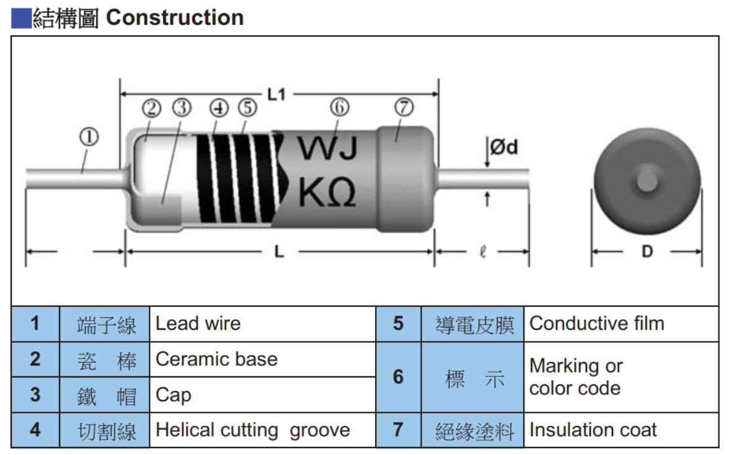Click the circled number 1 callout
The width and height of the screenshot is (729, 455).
tap(89, 137)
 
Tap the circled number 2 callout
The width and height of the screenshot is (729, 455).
tap(151, 108)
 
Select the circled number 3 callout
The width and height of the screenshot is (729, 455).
tap(182, 108)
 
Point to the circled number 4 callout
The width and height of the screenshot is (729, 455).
tap(219, 108)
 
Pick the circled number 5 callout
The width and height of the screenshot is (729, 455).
tap(247, 108)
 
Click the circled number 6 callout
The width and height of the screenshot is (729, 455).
tap(340, 107)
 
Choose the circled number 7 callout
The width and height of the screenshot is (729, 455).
tap(404, 107)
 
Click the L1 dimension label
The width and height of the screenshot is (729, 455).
tap(276, 95)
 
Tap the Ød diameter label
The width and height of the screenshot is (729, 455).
tap(504, 147)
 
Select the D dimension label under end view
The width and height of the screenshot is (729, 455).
tap(647, 252)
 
